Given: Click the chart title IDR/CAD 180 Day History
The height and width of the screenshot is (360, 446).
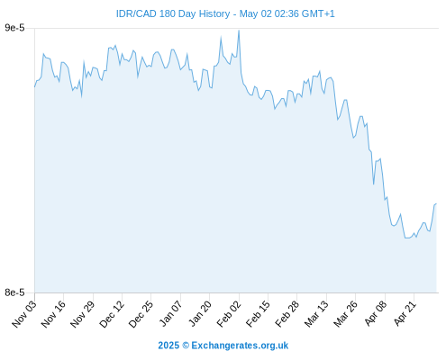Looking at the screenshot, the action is [x=173, y=13].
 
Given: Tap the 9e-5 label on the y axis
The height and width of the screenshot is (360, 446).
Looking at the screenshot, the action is [x=14, y=28].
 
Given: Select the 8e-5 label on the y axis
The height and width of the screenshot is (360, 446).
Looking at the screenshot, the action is [x=14, y=292].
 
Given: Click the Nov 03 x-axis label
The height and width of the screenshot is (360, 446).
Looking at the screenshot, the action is [x=24, y=313].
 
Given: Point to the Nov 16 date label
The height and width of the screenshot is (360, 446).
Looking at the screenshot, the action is [x=54, y=313].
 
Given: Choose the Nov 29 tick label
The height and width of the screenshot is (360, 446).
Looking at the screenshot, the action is [x=83, y=313].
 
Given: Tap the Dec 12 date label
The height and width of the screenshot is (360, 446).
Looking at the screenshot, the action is [x=112, y=313].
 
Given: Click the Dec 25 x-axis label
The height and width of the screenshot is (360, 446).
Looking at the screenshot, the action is [x=141, y=313].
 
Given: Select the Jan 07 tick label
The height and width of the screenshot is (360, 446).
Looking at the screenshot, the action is [x=171, y=313].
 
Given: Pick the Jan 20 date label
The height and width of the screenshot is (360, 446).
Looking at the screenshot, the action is [x=200, y=313].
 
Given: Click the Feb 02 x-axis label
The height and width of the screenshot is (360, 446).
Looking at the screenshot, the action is [x=229, y=313].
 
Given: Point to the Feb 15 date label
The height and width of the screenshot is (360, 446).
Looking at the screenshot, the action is [x=259, y=313].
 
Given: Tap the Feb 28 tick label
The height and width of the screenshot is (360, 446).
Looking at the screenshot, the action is [x=287, y=313].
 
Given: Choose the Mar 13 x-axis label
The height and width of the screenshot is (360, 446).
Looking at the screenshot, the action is [x=316, y=313].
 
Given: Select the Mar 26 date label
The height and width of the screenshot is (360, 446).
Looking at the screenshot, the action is [x=346, y=313].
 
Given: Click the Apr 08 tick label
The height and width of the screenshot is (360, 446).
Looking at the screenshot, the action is [x=376, y=313].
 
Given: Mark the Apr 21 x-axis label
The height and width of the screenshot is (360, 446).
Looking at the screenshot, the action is [x=405, y=313].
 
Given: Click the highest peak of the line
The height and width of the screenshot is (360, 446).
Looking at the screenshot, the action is [x=239, y=31].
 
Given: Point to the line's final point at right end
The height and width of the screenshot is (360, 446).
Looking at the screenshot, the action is [x=436, y=203].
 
